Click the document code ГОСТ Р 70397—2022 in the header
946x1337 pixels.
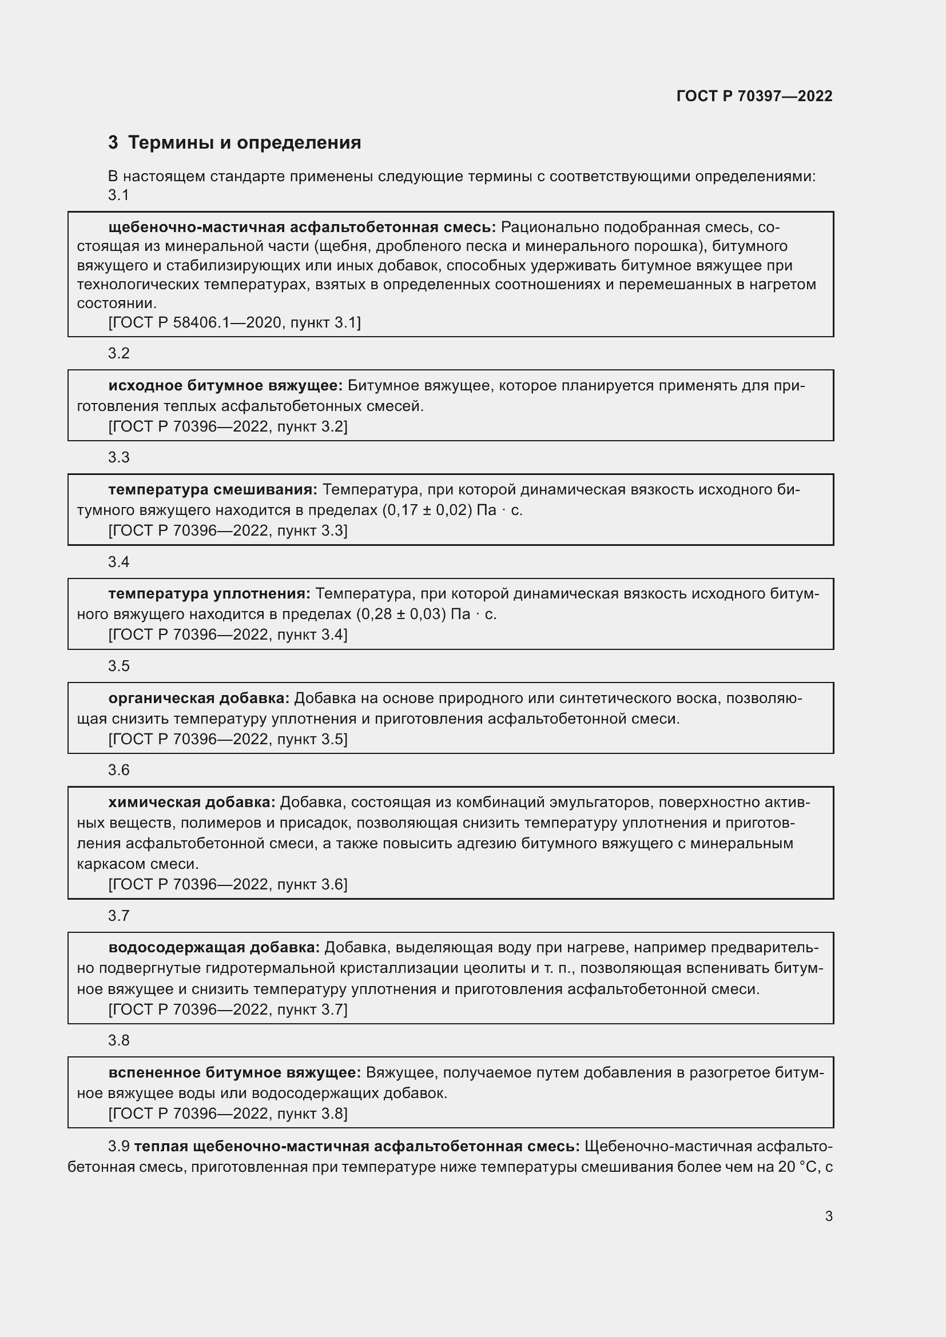[x=754, y=96]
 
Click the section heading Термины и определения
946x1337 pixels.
[x=244, y=143]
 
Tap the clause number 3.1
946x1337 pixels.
[x=118, y=195]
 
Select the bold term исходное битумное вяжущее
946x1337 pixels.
[x=225, y=385]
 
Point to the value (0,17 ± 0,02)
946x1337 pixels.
[x=427, y=510]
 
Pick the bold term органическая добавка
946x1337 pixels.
[x=198, y=698]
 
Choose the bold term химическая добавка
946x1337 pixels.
[x=192, y=803]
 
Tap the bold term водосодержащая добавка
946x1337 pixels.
[x=214, y=947]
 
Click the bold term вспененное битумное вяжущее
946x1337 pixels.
[x=234, y=1072]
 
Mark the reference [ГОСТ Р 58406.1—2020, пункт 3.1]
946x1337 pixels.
[x=234, y=322]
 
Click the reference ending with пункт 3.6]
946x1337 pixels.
[x=228, y=884]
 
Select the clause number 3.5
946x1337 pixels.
[x=118, y=666]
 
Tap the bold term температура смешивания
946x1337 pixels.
[x=213, y=490]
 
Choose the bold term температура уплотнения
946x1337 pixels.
[x=209, y=594]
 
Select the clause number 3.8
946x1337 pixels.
[x=118, y=1040]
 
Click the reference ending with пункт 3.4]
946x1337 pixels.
[x=228, y=634]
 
